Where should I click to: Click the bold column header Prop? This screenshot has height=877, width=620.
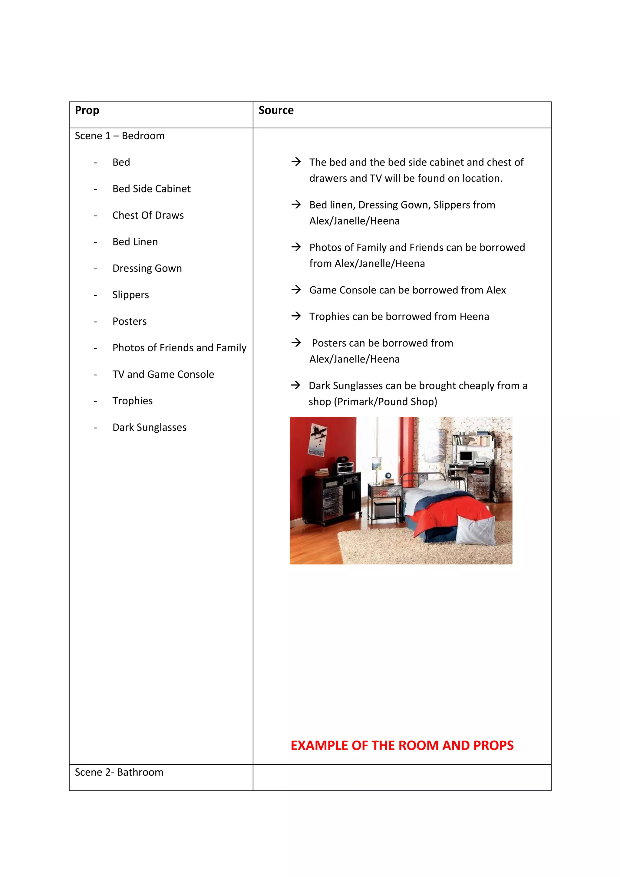(x=87, y=110)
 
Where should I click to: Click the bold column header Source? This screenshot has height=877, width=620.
(x=276, y=110)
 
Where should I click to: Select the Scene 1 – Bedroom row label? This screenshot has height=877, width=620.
(x=120, y=136)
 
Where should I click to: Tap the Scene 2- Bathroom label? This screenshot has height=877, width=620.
(x=119, y=772)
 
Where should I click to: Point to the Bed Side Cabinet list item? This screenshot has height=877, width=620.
(x=151, y=189)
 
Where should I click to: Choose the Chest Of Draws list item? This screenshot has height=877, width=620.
(x=148, y=215)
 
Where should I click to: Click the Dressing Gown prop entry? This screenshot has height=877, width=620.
(x=147, y=268)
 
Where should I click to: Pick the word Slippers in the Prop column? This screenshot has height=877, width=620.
(x=131, y=295)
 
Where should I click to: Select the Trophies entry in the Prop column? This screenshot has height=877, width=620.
(x=132, y=401)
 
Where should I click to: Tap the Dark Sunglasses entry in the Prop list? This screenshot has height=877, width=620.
(x=149, y=427)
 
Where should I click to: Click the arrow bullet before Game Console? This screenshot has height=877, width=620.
(x=296, y=290)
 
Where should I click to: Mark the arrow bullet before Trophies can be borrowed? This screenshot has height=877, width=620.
(x=296, y=316)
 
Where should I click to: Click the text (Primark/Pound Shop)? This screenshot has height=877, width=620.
(x=385, y=402)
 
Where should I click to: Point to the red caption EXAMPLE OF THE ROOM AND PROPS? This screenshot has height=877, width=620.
(x=402, y=745)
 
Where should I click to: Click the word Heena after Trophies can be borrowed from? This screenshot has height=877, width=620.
(x=474, y=317)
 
